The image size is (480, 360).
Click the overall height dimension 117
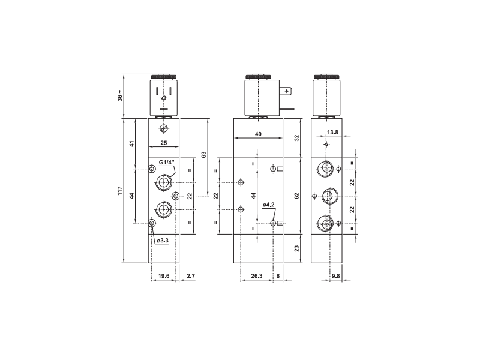[120, 191]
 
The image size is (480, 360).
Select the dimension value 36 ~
[120, 97]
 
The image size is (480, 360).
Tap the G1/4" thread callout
[166, 162]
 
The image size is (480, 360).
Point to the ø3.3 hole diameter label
[163, 241]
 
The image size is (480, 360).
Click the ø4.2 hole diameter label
[268, 205]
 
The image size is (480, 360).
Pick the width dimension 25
[163, 143]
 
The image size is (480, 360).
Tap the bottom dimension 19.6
[163, 276]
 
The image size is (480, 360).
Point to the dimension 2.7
[190, 276]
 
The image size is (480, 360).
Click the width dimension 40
[258, 134]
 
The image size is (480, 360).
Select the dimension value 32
[296, 138]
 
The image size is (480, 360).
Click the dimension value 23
[296, 248]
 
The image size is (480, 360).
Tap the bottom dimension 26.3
[256, 276]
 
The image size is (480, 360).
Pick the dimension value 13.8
[332, 132]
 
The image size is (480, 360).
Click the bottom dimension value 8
[277, 276]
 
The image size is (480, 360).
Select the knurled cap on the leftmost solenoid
[163, 77]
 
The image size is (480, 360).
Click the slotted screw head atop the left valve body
[163, 127]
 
